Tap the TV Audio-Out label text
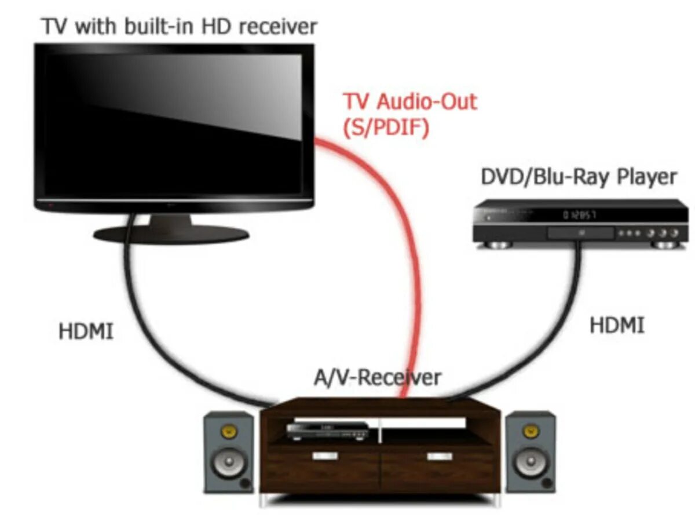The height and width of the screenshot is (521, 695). tap(410, 102)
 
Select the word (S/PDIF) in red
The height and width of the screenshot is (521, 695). tap(387, 128)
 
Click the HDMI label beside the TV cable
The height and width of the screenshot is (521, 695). tap(86, 332)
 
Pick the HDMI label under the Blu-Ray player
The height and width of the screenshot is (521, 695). tap(617, 325)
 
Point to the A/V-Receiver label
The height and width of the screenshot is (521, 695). tap(377, 378)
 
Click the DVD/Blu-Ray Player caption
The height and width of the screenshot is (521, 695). tap(579, 177)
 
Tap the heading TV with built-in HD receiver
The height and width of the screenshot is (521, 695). tap(180, 26)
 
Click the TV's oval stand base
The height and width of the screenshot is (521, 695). tap(172, 234)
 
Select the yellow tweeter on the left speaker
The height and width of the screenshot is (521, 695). tap(229, 432)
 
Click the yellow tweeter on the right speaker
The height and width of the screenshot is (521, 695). tap(529, 432)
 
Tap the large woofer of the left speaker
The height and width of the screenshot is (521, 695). tap(228, 463)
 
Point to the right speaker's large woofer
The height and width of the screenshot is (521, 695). tap(529, 463)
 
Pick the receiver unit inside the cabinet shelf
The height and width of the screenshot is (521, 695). tap(328, 429)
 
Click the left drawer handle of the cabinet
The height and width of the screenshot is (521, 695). tap(325, 456)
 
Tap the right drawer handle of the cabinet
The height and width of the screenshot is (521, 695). tap(438, 456)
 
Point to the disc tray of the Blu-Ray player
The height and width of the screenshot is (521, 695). tap(580, 233)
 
